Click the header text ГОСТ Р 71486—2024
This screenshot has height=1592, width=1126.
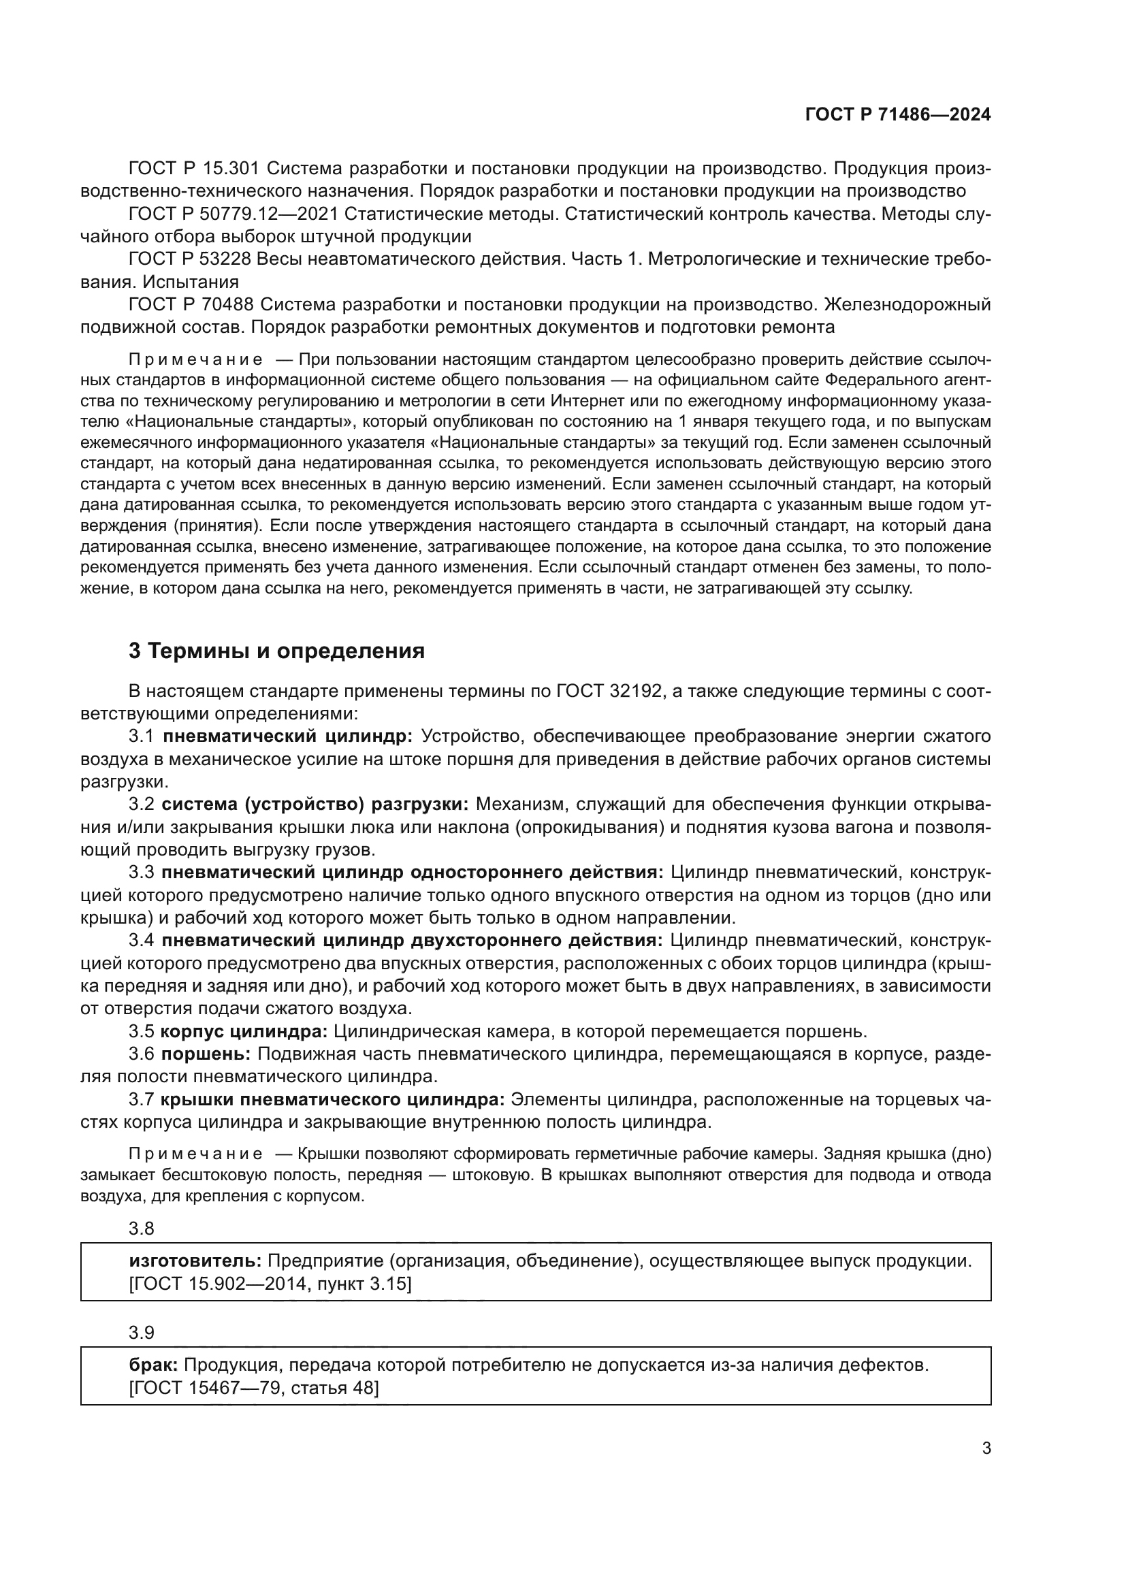(x=897, y=114)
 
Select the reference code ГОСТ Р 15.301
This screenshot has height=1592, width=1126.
(x=193, y=169)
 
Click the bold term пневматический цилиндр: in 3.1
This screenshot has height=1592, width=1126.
(x=287, y=736)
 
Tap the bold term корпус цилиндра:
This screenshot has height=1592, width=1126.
(x=243, y=1031)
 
